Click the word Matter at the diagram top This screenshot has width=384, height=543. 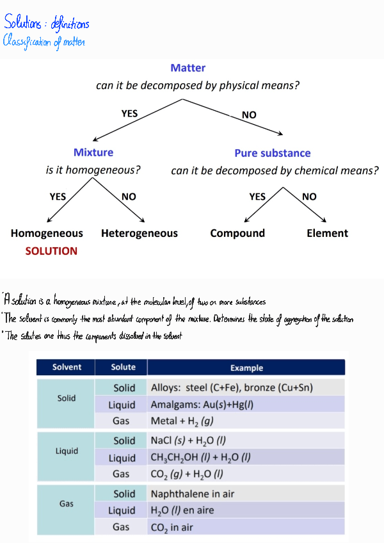(188, 68)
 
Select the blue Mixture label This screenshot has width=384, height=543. (93, 152)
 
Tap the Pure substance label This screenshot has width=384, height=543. (272, 153)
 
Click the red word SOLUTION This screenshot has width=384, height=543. (51, 251)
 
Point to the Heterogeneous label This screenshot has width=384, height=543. (139, 233)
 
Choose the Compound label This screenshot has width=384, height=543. (237, 233)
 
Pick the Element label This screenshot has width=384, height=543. (327, 233)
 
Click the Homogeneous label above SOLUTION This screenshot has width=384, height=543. (47, 233)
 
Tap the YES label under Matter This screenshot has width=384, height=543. (129, 113)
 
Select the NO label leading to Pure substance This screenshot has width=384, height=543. (249, 115)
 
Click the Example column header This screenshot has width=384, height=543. (246, 368)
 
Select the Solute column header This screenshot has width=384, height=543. (123, 367)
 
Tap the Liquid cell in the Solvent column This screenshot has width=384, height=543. (67, 451)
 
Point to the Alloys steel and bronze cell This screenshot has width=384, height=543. (232, 387)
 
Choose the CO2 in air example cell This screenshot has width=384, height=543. (172, 527)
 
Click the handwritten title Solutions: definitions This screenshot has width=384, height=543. (46, 24)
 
